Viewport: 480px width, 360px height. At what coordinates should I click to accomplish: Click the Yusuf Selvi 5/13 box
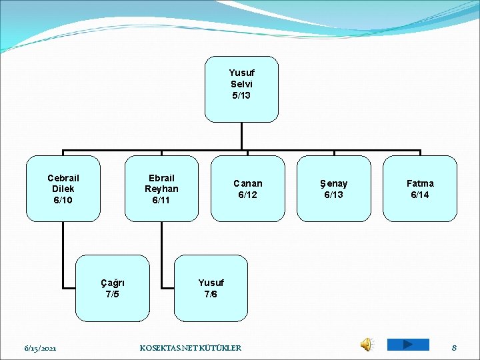(241, 89)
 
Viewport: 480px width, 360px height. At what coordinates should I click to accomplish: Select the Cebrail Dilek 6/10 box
(63, 188)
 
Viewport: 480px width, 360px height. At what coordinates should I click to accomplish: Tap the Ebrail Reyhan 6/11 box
(161, 188)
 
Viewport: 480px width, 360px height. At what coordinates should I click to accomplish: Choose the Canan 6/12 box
(247, 188)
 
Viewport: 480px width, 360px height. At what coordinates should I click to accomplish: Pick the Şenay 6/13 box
(333, 188)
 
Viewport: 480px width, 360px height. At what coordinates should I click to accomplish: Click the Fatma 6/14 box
(420, 188)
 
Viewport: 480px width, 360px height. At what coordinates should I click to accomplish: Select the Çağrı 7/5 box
(112, 288)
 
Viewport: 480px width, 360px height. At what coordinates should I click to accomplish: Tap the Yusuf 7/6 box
(211, 288)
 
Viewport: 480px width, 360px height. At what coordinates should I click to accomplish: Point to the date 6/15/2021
(40, 348)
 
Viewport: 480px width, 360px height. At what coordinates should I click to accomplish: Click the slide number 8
(454, 347)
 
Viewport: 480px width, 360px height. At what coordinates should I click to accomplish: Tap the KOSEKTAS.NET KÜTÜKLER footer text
(191, 348)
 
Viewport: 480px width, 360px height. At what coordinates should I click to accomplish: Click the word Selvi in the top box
(241, 84)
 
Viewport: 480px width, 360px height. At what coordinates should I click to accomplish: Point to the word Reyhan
(161, 189)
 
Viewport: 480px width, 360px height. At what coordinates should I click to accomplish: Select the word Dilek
(63, 189)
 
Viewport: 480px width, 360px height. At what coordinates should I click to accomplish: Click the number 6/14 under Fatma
(420, 195)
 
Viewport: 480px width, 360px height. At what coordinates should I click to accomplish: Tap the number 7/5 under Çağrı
(112, 294)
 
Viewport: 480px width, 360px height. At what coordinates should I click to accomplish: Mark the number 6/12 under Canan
(247, 195)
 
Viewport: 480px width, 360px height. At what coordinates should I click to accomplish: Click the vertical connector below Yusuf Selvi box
(241, 136)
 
